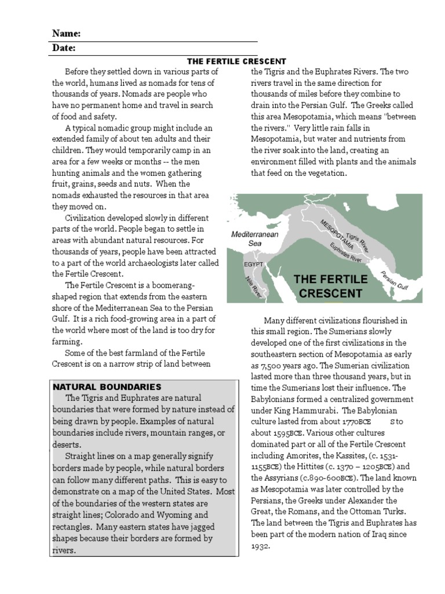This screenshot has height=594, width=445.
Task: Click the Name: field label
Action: click(x=67, y=34)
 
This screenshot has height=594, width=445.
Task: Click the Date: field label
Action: click(x=64, y=48)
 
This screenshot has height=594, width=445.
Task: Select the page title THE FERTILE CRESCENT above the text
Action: click(x=236, y=61)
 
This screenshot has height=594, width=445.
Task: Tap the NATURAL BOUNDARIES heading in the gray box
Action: click(x=107, y=386)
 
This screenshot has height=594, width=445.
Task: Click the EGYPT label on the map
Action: click(x=253, y=264)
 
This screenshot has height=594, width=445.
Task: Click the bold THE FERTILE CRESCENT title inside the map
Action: click(x=330, y=286)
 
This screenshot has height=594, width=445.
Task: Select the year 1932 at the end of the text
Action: click(x=259, y=546)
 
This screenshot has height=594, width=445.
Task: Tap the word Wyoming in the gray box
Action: click(x=177, y=515)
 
